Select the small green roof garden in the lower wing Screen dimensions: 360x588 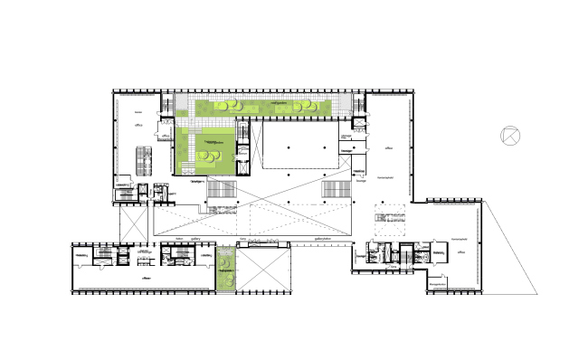click(x=225, y=269)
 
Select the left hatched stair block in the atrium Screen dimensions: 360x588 click(x=221, y=190)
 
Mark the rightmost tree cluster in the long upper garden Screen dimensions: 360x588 click(x=312, y=108)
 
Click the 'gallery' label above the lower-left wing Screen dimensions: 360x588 click(x=194, y=241)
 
